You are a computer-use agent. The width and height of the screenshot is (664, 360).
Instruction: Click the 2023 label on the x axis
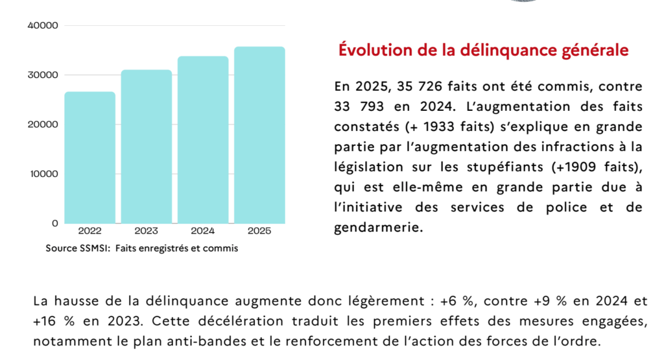click(x=147, y=230)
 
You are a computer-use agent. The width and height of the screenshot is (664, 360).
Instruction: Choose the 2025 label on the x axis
click(x=259, y=230)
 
